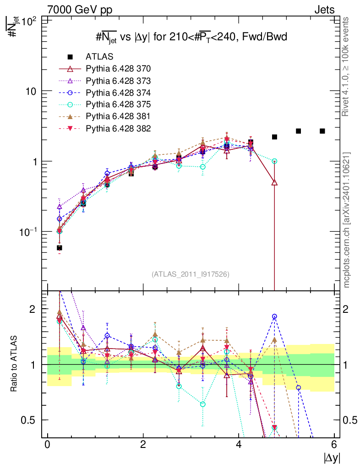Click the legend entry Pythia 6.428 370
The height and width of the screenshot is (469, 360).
118,69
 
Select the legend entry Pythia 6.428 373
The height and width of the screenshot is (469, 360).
118,81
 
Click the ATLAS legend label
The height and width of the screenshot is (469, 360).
99,57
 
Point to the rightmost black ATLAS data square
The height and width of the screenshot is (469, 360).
322,131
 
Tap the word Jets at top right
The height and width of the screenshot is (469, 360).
324,10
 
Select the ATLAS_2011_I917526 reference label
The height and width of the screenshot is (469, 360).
191,274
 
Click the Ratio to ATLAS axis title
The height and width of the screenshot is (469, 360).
14,364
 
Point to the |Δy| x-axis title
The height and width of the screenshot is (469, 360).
331,457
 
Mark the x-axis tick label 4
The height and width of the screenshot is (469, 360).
239,444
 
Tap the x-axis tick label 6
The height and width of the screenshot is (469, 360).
334,444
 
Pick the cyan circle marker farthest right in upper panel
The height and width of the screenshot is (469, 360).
274,161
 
